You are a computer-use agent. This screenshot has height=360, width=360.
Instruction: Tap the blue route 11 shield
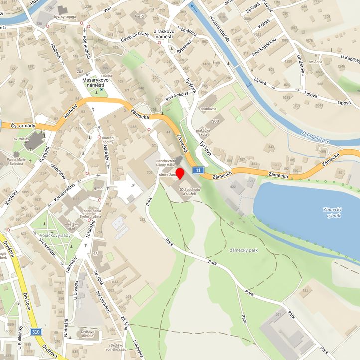[199, 170]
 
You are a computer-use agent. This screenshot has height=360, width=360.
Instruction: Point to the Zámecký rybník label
[331, 213]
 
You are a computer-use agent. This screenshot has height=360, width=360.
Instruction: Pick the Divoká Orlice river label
[315, 137]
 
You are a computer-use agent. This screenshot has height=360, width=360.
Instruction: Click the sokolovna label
[208, 108]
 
